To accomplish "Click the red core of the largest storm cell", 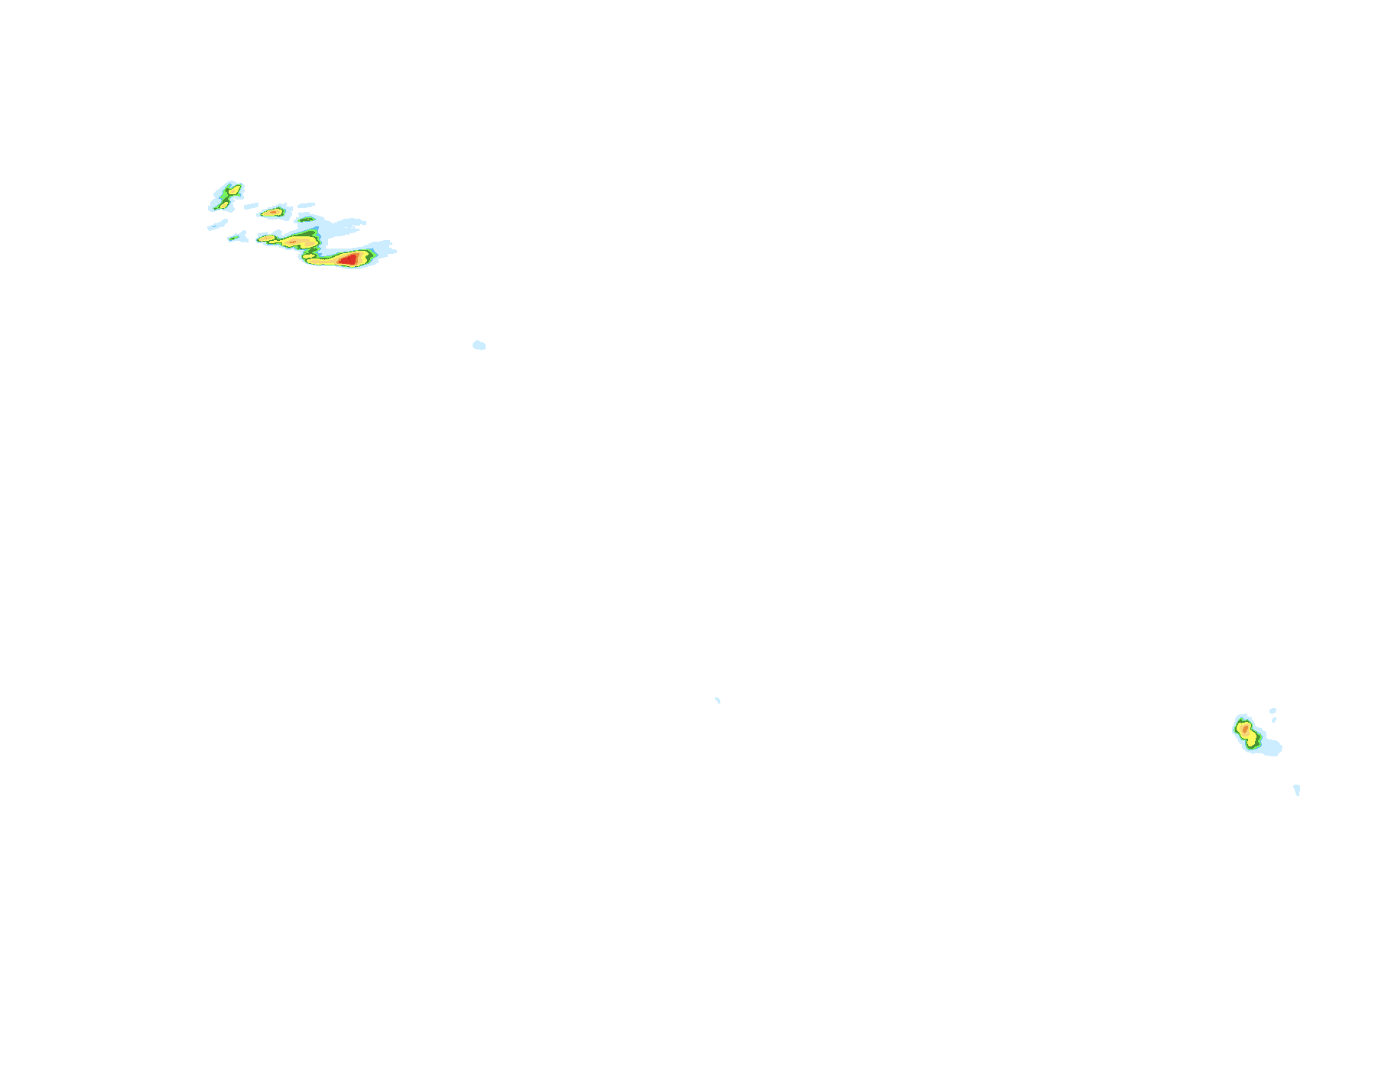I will pyautogui.click(x=348, y=259).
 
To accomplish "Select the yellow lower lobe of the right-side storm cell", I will pyautogui.click(x=1252, y=740).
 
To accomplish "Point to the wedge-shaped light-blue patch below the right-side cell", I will pyautogui.click(x=1297, y=789).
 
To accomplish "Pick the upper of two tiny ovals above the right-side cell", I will pyautogui.click(x=1273, y=710).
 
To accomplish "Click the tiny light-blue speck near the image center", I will pyautogui.click(x=717, y=700).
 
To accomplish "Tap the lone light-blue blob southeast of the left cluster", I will pyautogui.click(x=479, y=345).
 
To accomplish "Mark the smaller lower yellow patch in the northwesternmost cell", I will pyautogui.click(x=224, y=204).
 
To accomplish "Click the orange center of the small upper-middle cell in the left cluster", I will pyautogui.click(x=273, y=212).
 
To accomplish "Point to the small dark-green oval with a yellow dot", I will pyautogui.click(x=307, y=219).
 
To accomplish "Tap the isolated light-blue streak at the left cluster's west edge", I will pyautogui.click(x=218, y=225).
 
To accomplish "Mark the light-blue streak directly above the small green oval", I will pyautogui.click(x=306, y=205).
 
